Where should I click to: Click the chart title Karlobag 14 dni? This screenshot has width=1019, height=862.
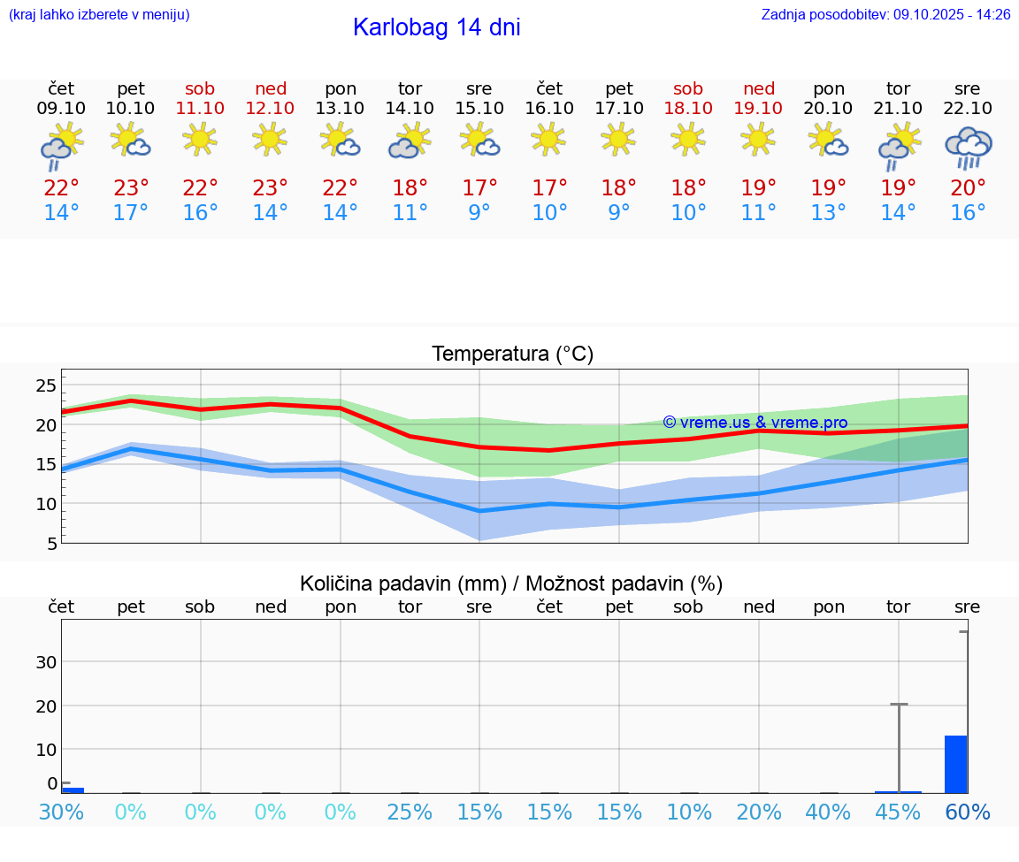tap(436, 27)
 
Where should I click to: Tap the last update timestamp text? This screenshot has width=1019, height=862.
tap(885, 14)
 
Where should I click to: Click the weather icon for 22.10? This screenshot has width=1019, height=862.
tap(968, 148)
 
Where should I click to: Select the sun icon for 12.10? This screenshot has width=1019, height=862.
tap(270, 139)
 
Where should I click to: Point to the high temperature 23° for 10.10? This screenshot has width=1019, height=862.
tap(131, 188)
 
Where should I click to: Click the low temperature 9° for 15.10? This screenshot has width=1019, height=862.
tap(479, 213)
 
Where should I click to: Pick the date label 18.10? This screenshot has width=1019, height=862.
tap(688, 108)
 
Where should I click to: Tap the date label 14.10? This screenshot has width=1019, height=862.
tap(410, 108)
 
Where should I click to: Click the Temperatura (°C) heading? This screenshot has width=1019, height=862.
tap(512, 354)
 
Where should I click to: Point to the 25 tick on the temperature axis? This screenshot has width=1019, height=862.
tap(46, 385)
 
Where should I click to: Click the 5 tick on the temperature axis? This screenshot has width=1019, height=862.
tap(51, 543)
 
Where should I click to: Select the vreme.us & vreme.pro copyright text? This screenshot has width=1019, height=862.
tap(755, 423)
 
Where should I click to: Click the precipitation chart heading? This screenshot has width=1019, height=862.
tap(511, 584)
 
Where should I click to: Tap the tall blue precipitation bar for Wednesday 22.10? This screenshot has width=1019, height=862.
tap(955, 764)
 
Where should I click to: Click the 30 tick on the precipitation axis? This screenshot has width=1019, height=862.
tap(46, 662)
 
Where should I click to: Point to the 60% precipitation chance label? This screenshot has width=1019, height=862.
tap(968, 812)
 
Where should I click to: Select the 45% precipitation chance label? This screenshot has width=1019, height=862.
tap(898, 812)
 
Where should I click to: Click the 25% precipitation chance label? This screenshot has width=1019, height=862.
tap(410, 812)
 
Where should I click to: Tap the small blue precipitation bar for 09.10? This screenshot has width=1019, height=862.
tap(73, 790)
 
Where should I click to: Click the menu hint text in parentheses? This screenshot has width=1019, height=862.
tap(99, 14)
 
